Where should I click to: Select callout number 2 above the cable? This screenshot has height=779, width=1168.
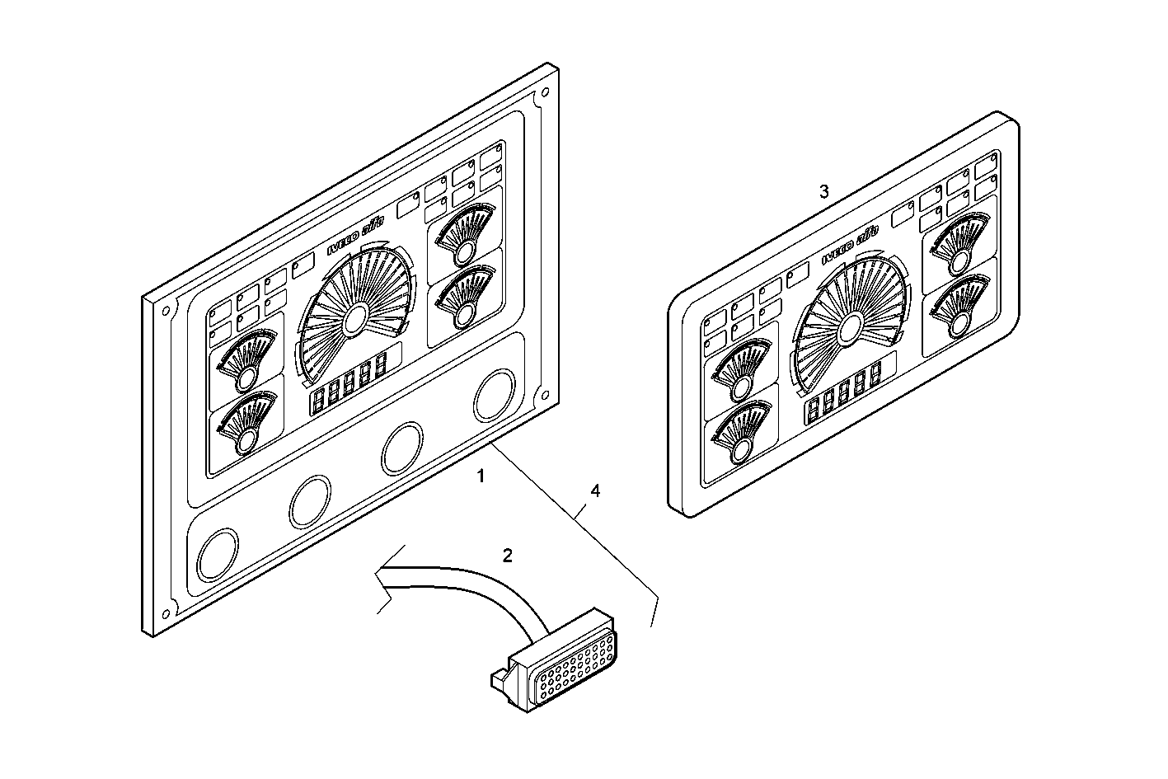click(x=508, y=555)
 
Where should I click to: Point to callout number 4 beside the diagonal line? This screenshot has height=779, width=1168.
click(x=594, y=490)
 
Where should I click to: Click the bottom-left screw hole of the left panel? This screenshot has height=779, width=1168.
click(x=165, y=612)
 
